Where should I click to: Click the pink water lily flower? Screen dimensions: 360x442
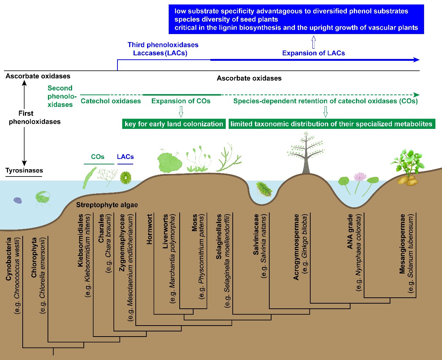360,177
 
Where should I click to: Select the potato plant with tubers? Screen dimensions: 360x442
407,168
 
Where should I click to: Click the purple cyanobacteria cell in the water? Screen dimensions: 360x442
18,200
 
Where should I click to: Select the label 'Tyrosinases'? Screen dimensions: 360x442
24,170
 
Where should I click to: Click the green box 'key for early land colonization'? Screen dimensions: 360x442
174,124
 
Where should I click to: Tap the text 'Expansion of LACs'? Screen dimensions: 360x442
314,53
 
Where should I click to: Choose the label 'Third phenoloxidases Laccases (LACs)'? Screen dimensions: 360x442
163,49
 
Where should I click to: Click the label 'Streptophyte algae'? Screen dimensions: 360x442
107,205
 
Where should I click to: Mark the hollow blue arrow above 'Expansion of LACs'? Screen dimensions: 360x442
314,42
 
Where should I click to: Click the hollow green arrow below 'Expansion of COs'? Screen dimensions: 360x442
181,111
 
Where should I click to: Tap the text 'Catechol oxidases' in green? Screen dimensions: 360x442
111,101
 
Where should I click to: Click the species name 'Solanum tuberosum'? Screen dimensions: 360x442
411,253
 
